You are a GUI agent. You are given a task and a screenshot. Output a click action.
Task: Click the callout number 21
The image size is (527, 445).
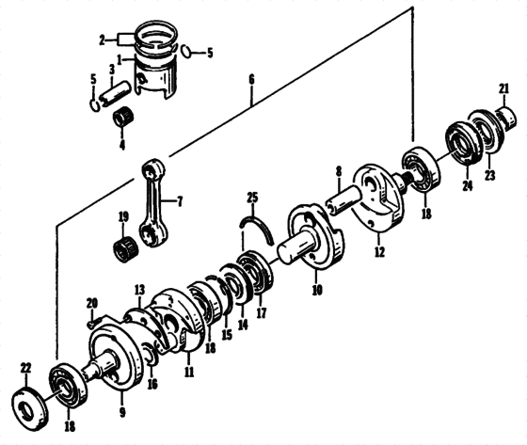coord(504,89)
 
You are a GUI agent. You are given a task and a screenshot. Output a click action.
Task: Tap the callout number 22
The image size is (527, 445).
coord(25,367)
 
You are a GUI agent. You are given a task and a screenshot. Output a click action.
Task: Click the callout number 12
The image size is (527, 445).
coord(378,252)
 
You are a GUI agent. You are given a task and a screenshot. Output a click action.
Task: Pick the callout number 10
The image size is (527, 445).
coord(316,291)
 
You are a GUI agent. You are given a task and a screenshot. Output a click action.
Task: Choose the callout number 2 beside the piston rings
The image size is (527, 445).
coord(102,40)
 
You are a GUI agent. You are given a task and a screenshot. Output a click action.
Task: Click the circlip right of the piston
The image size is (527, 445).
coord(188,51)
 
